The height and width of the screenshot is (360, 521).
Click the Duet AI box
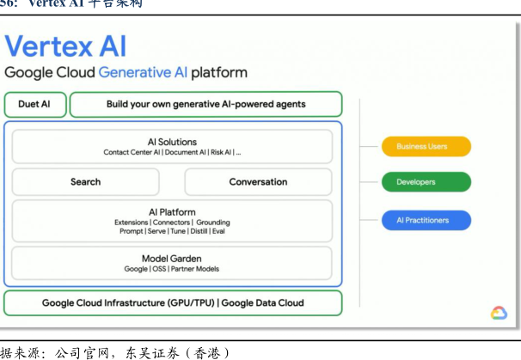[x=34, y=105]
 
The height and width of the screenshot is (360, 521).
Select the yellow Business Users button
[x=426, y=146]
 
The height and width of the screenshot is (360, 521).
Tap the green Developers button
[x=426, y=182]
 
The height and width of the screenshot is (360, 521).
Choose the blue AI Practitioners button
[x=426, y=220]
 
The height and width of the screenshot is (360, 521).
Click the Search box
[x=85, y=182]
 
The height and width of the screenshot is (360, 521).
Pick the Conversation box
[x=258, y=182]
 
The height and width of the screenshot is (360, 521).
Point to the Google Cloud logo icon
[x=499, y=313]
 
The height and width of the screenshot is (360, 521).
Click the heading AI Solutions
[x=172, y=142]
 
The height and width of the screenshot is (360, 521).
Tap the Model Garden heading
[x=172, y=258]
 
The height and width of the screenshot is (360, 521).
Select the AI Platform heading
[x=172, y=212]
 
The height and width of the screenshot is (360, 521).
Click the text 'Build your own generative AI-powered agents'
[x=205, y=105]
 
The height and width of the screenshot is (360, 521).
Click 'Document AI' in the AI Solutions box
[x=185, y=153]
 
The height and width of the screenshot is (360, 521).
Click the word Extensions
[x=132, y=223]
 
